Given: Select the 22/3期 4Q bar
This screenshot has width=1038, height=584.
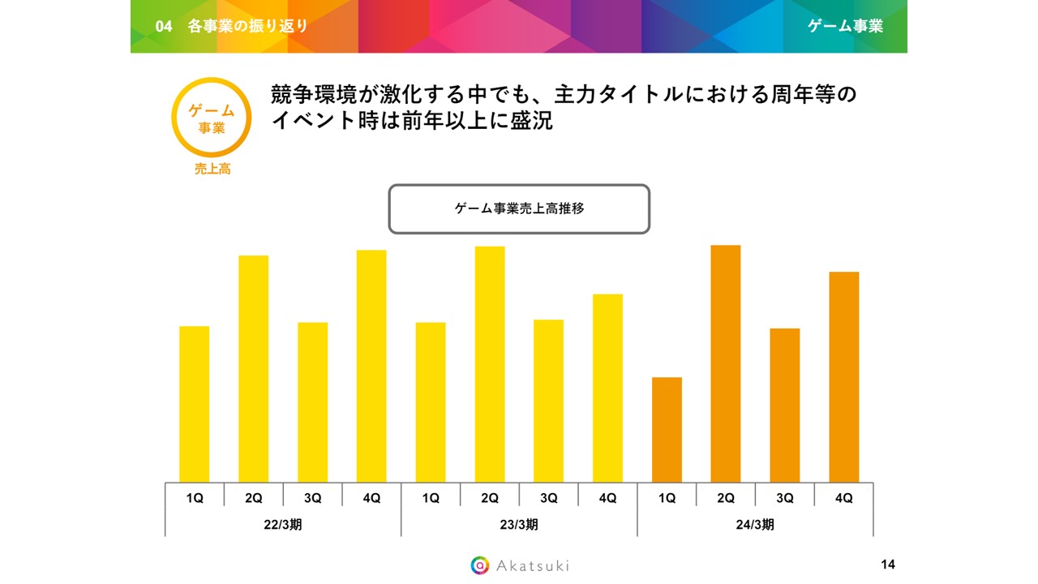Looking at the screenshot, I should [371, 366].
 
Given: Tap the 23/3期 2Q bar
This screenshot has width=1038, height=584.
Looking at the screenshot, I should [490, 364].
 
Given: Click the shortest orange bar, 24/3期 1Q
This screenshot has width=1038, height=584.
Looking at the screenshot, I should [667, 430].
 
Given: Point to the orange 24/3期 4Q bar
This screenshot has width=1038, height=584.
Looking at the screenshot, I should [843, 377].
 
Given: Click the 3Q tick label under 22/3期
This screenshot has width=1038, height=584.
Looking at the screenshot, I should [312, 499].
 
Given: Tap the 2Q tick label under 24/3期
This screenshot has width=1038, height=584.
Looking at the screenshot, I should [726, 499].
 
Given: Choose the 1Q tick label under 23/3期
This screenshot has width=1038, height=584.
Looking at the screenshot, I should [431, 499].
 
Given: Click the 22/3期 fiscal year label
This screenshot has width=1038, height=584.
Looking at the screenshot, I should [283, 525].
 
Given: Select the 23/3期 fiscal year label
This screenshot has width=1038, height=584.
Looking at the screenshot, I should [519, 525].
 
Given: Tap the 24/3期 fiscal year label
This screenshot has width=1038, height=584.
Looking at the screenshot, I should [755, 525].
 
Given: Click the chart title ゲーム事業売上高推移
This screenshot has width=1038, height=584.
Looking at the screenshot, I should [519, 209].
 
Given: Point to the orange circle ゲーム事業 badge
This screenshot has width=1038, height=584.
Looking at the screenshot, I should [212, 118].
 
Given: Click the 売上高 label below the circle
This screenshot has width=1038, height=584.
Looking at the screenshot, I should [212, 170].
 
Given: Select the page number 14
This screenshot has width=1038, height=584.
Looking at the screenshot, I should [887, 565].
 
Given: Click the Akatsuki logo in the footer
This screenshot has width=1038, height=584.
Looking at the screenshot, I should [520, 565].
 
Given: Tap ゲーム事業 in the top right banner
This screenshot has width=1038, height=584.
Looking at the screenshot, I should [845, 26].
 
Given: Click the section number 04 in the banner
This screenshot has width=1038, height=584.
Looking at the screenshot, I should [164, 26].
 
